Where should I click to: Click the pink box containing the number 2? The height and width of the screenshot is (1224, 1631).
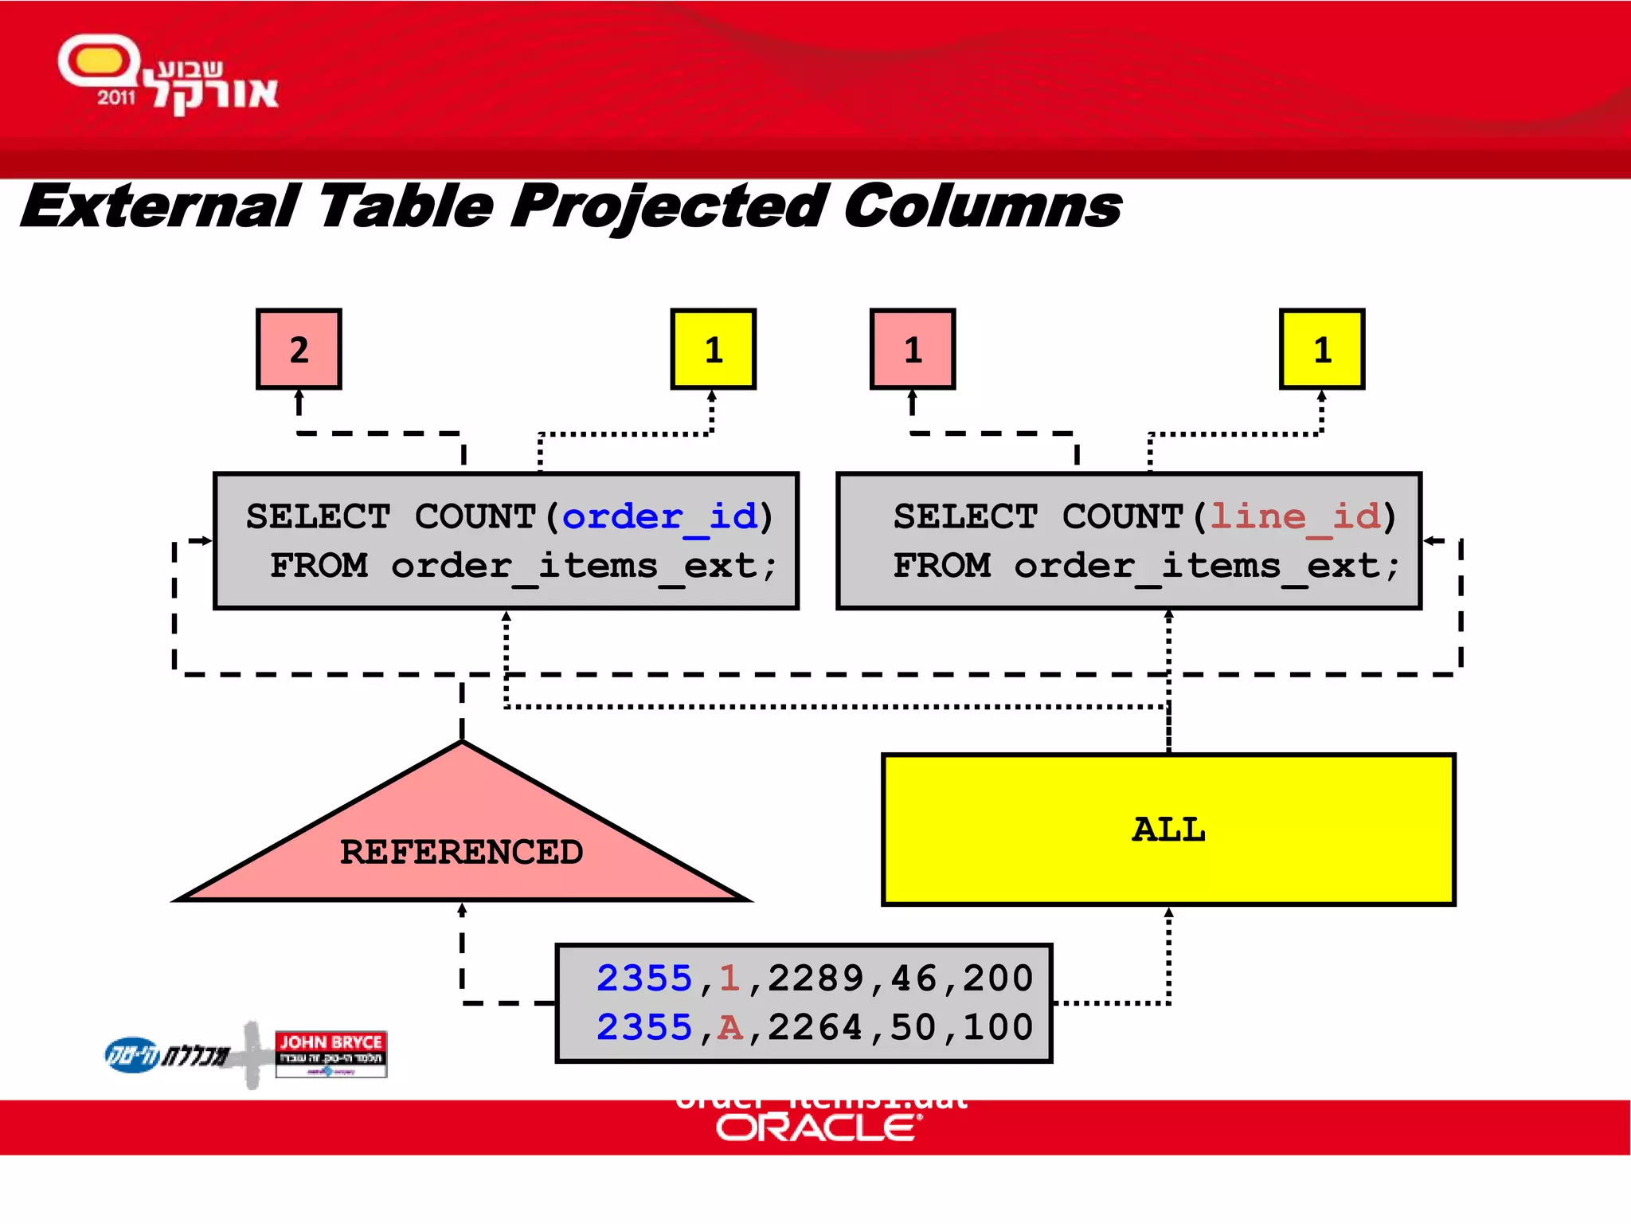click(x=299, y=349)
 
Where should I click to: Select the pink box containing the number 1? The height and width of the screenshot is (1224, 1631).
click(x=913, y=349)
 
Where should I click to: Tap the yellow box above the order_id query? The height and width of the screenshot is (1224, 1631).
click(x=713, y=349)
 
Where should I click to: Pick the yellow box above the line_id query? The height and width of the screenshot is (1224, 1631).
click(x=1322, y=349)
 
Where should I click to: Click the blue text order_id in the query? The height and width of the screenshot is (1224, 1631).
click(x=660, y=517)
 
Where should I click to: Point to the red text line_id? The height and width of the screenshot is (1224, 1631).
click(x=1295, y=517)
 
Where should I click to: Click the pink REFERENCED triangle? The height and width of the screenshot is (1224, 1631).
click(x=462, y=845)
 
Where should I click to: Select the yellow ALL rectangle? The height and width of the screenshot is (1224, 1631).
click(x=1168, y=830)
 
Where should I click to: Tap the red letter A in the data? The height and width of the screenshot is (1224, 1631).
click(x=729, y=1028)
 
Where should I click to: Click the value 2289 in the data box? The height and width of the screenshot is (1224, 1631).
click(x=815, y=979)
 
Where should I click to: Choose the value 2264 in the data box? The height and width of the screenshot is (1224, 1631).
click(x=815, y=1028)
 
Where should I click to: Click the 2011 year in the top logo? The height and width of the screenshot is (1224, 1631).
click(x=116, y=98)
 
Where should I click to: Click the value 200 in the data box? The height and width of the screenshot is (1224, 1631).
click(x=998, y=979)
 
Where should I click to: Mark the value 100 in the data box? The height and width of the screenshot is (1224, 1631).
click(x=998, y=1028)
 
